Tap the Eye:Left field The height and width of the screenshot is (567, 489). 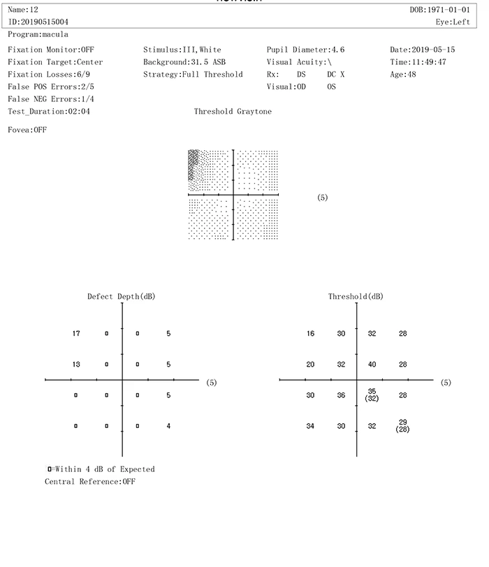pyautogui.click(x=452, y=22)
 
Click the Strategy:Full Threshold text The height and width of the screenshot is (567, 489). pyautogui.click(x=193, y=74)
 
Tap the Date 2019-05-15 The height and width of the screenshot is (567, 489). pyautogui.click(x=433, y=50)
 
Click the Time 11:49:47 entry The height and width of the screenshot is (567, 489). pyautogui.click(x=428, y=62)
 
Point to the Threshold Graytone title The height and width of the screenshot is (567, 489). pyautogui.click(x=233, y=112)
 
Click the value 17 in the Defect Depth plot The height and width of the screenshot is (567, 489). pyautogui.click(x=76, y=334)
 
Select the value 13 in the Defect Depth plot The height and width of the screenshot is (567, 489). pyautogui.click(x=76, y=364)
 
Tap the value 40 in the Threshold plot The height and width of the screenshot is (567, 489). pyautogui.click(x=372, y=364)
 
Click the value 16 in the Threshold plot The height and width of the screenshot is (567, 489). pyautogui.click(x=310, y=334)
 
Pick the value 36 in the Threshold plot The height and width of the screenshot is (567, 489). pyautogui.click(x=341, y=395)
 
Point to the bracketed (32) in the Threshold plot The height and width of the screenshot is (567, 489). pyautogui.click(x=372, y=399)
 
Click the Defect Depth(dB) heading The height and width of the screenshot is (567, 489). pyautogui.click(x=121, y=297)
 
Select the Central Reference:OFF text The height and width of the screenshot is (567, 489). pyautogui.click(x=90, y=482)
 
